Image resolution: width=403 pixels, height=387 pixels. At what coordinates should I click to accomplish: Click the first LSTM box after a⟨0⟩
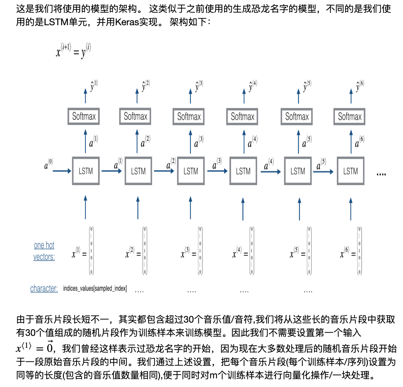(86, 171)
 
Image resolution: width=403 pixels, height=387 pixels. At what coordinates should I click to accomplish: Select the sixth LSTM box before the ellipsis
(350, 171)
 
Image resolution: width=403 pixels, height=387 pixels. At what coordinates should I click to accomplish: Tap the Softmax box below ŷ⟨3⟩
(189, 116)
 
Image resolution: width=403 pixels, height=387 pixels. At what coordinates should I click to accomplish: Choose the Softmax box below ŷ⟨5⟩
(297, 116)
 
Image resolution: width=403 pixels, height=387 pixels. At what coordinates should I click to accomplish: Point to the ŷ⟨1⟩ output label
(93, 86)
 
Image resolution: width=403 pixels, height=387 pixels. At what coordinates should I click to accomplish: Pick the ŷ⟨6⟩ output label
(359, 86)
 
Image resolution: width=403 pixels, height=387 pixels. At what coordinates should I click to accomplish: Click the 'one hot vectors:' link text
(44, 251)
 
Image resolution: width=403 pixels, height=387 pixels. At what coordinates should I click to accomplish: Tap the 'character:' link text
(44, 288)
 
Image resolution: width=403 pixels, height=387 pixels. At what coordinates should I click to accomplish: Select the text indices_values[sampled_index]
(95, 288)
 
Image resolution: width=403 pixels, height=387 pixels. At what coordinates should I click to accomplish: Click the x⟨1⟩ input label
(76, 253)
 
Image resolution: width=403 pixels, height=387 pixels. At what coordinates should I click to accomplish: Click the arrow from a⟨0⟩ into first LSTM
(62, 171)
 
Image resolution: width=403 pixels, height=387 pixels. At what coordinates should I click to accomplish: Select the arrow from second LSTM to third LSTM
(164, 171)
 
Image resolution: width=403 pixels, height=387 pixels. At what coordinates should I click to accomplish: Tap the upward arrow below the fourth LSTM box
(243, 208)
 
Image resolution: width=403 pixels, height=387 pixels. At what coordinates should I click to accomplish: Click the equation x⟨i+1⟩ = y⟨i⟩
(73, 50)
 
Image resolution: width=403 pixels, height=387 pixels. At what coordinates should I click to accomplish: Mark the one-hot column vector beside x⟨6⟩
(359, 251)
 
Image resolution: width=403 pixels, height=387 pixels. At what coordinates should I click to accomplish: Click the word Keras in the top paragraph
(127, 22)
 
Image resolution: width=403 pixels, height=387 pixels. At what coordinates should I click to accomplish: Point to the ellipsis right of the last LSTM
(381, 174)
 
